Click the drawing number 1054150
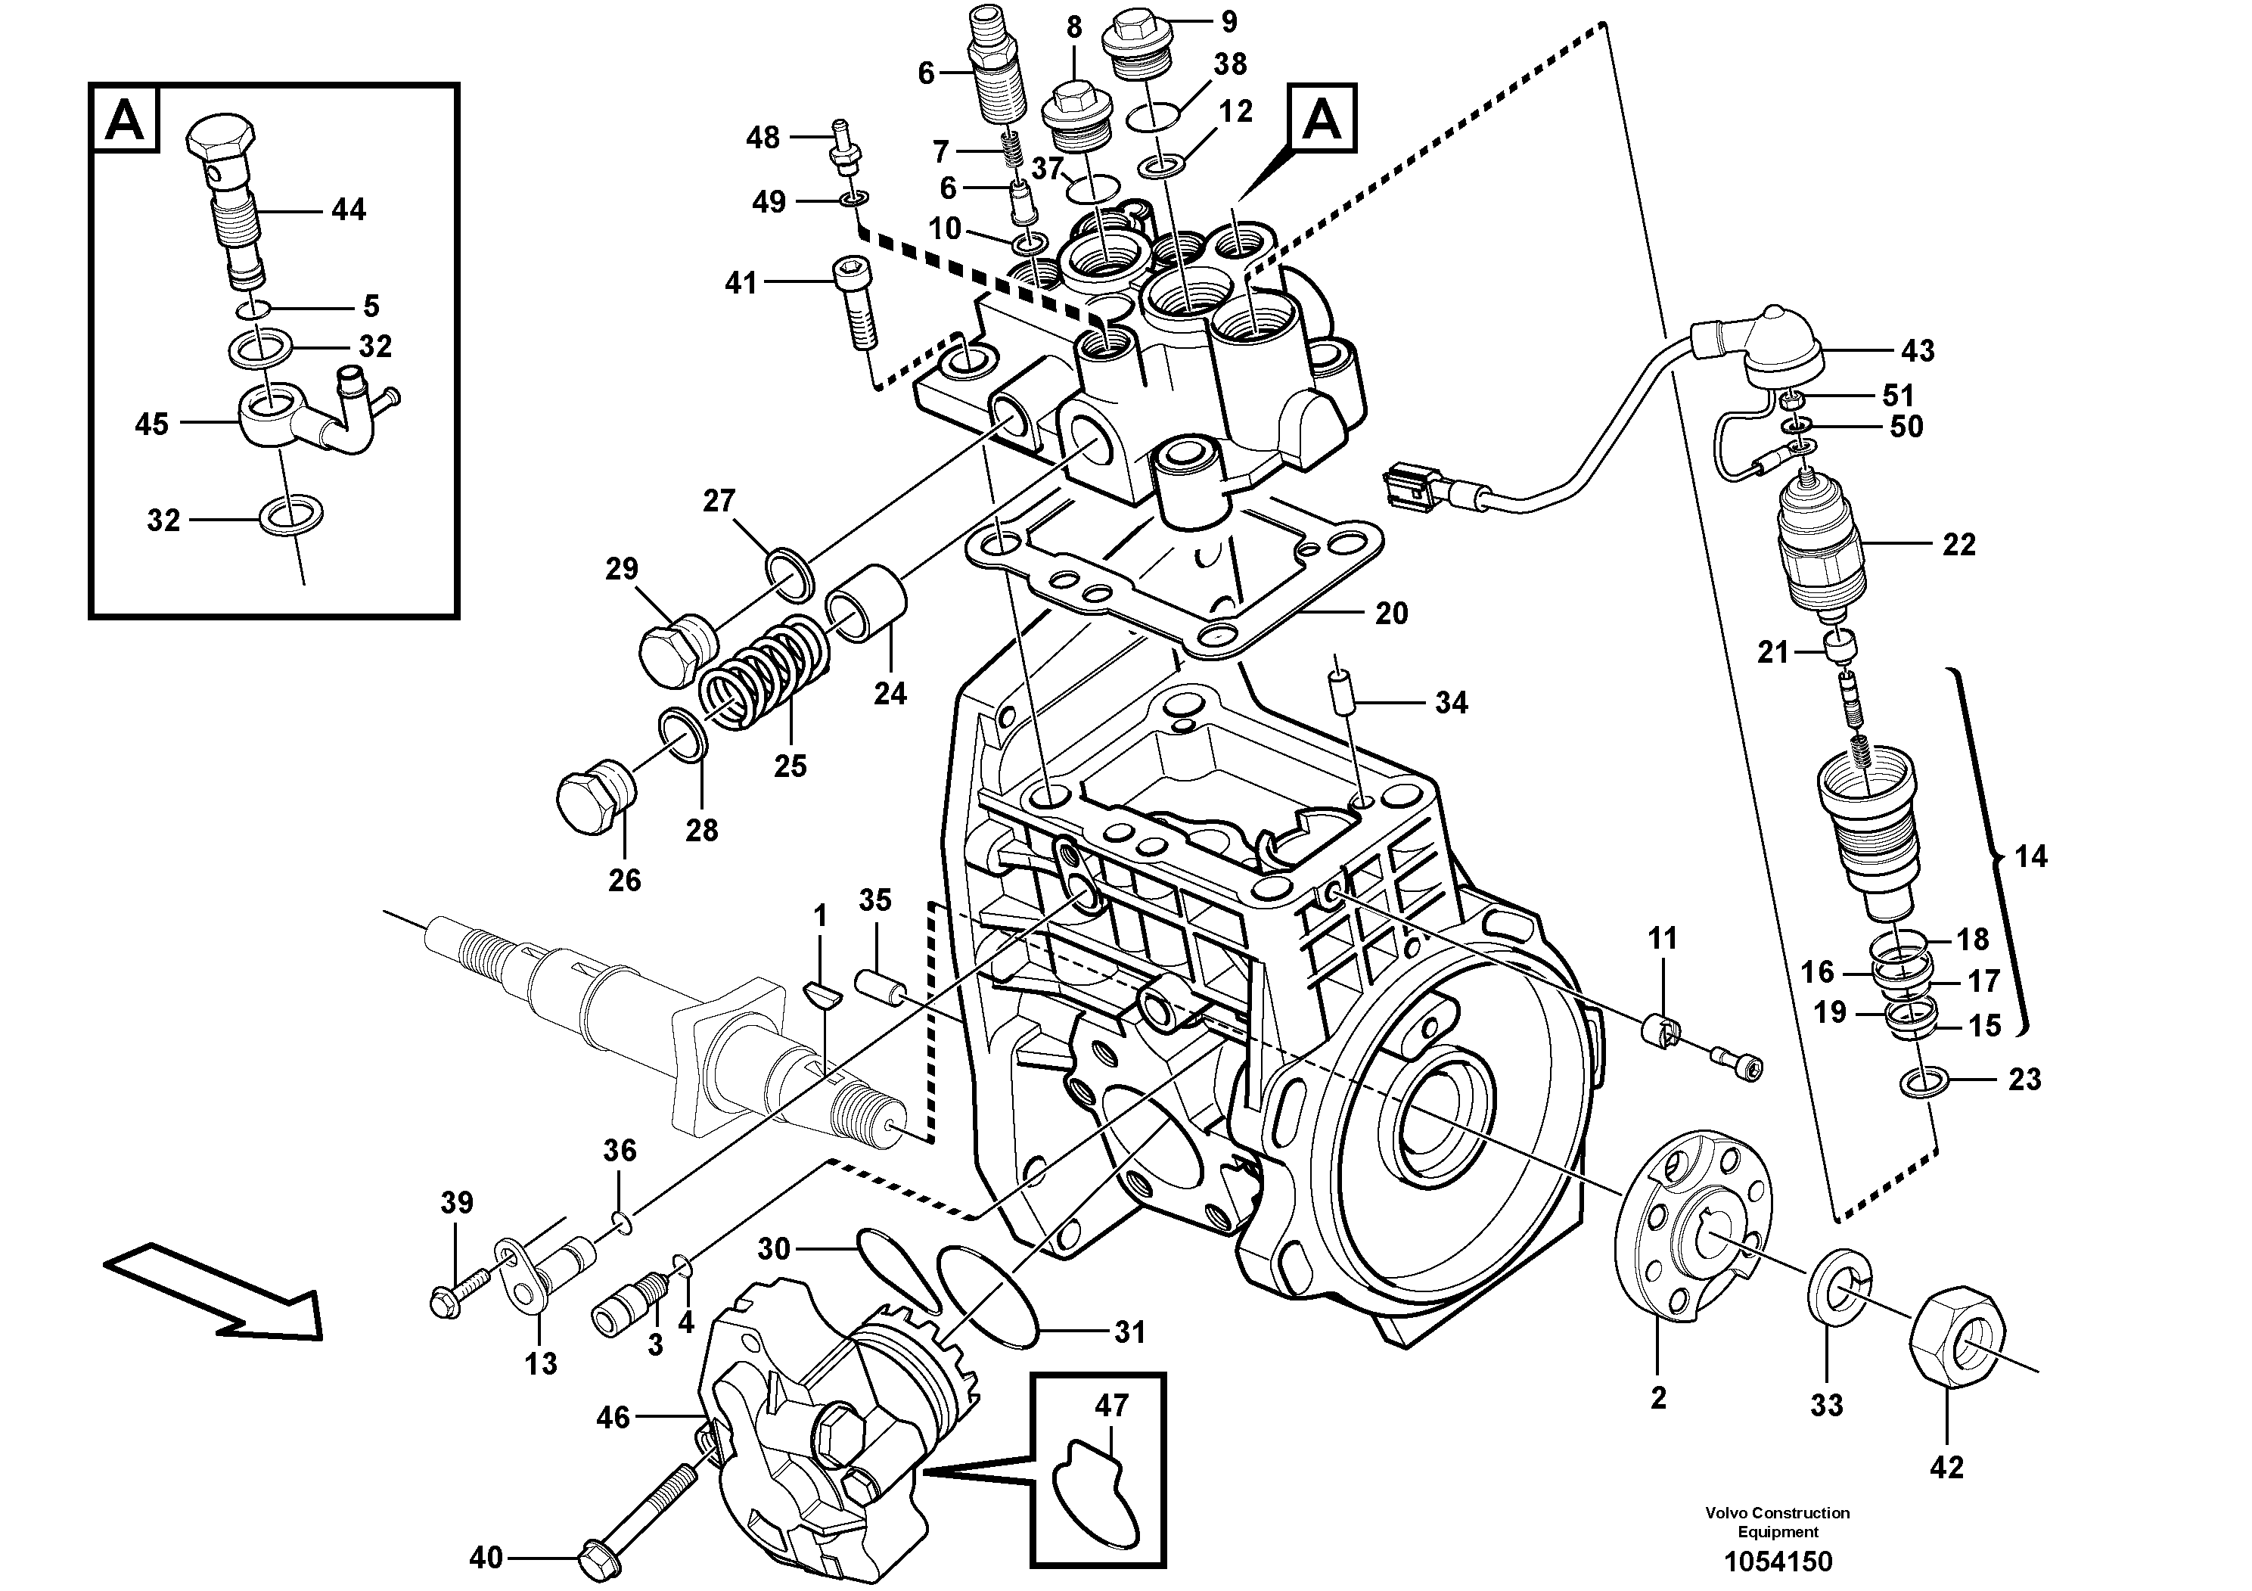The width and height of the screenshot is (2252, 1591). coord(1776,1561)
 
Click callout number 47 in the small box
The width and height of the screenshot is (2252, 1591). coord(1111,1405)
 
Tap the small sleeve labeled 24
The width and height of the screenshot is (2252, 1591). coord(868,602)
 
